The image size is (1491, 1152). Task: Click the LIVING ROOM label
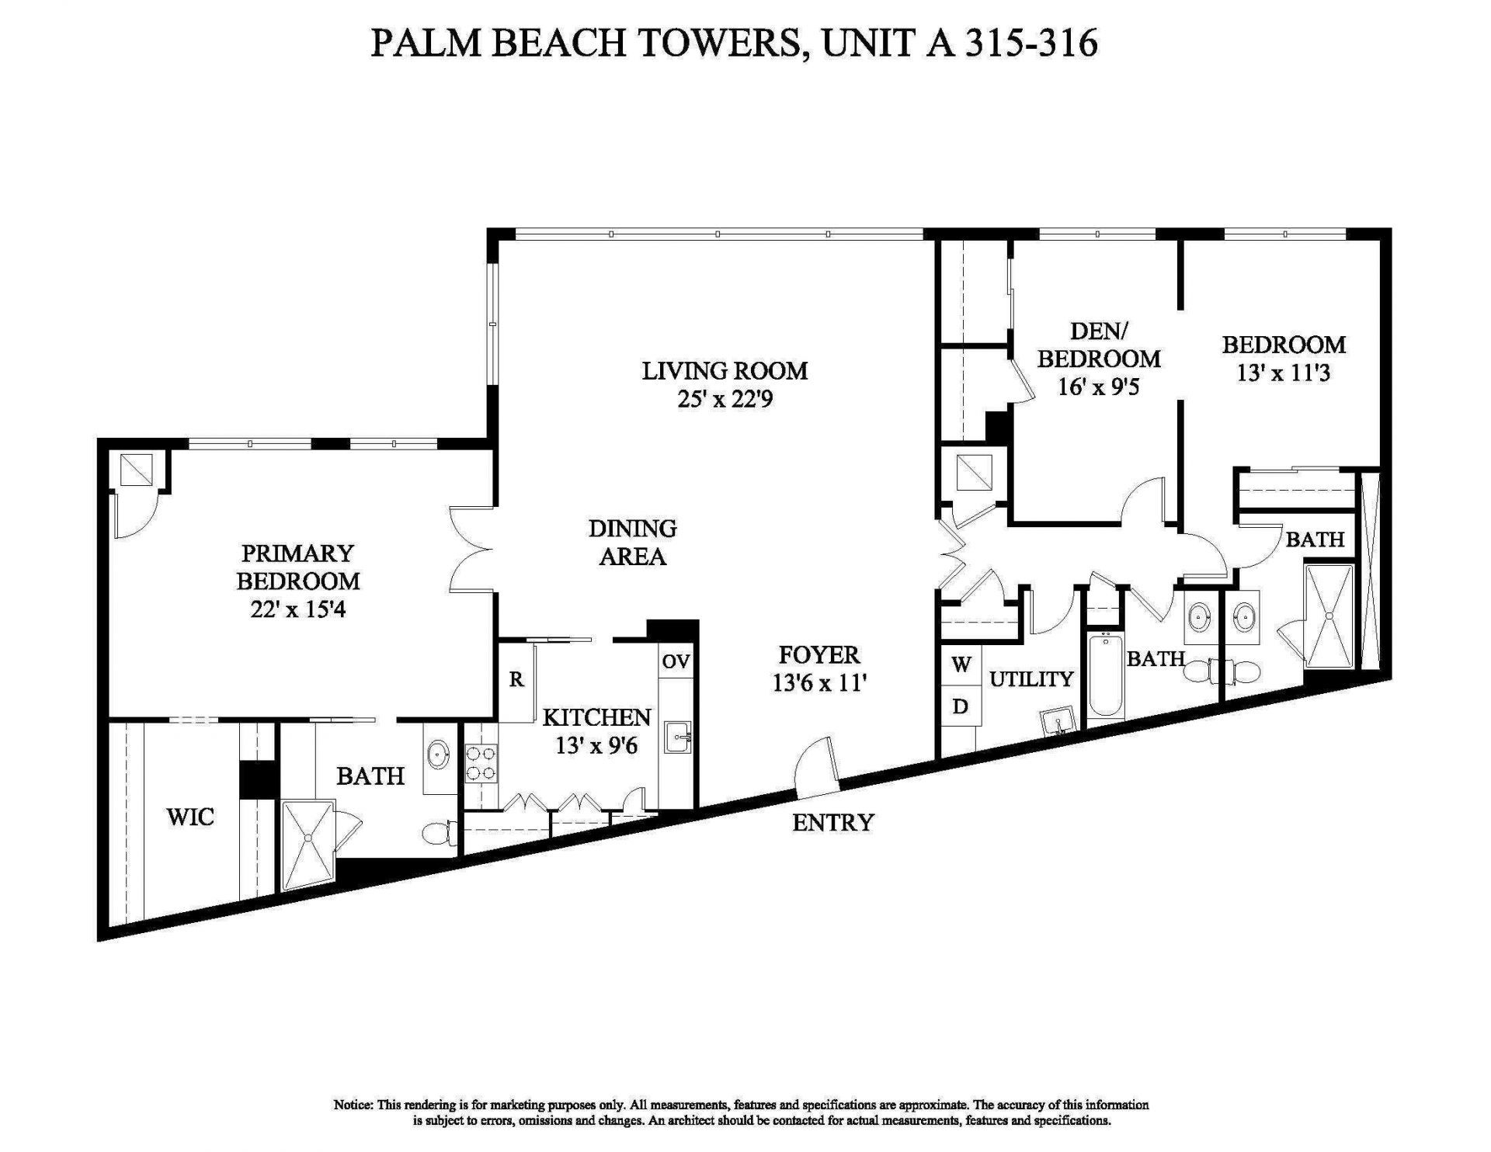(x=725, y=370)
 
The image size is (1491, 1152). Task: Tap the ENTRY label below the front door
(x=832, y=822)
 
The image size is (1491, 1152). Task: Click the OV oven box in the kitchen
(x=676, y=661)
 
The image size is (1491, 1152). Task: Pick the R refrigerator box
(x=516, y=680)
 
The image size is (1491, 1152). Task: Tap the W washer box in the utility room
(x=961, y=664)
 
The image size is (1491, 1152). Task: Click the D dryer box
(x=961, y=706)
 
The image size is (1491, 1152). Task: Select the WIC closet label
(x=190, y=817)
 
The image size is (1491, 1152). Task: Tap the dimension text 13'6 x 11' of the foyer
(x=818, y=683)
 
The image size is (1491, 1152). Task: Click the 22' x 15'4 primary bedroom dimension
(x=297, y=609)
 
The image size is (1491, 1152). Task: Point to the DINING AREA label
(x=632, y=542)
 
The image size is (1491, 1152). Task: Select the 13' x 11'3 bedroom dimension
(x=1283, y=373)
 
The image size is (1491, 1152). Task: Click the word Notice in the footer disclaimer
(x=353, y=1105)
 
